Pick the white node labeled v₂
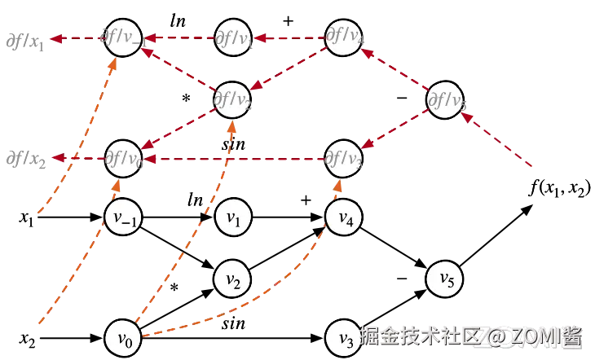pyautogui.click(x=232, y=279)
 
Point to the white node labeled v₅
pyautogui.click(x=446, y=279)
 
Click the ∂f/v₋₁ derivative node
pyautogui.click(x=123, y=39)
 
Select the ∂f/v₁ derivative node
pyautogui.click(x=232, y=38)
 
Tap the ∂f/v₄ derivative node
pyautogui.click(x=343, y=38)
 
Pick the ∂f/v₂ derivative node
pyautogui.click(x=232, y=99)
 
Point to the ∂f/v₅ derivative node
pyautogui.click(x=446, y=99)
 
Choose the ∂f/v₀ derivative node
pyautogui.click(x=123, y=157)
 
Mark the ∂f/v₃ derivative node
pyautogui.click(x=343, y=157)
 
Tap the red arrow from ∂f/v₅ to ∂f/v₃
pyautogui.click(x=394, y=129)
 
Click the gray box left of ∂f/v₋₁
pyautogui.click(x=24, y=40)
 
